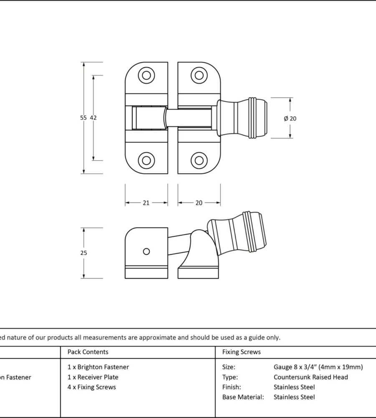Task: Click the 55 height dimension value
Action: click(83, 118)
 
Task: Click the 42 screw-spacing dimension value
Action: click(93, 118)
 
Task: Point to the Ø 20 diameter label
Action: click(290, 119)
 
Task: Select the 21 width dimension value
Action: click(146, 203)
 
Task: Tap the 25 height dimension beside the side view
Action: click(83, 253)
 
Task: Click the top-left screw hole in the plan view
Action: click(146, 76)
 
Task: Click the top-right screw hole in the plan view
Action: click(199, 76)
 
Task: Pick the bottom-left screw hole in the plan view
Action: click(146, 160)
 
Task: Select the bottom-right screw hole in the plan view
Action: click(199, 160)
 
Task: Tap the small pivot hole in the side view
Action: click(146, 251)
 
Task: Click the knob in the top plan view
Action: click(242, 118)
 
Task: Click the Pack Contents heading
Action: click(88, 352)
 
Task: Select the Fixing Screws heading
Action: click(241, 352)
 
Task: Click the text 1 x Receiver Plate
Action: click(93, 377)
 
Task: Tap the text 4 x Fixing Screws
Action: click(91, 387)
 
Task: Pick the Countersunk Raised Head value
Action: click(310, 377)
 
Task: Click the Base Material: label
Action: click(243, 397)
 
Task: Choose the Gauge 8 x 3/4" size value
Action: click(318, 367)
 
